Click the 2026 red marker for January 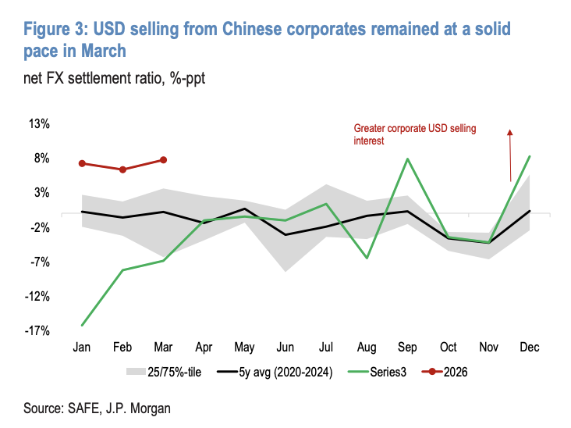[x=82, y=163]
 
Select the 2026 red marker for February [x=122, y=169]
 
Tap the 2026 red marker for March [x=163, y=159]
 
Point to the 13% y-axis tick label [x=40, y=123]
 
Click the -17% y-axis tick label [x=38, y=330]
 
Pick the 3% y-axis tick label [x=42, y=192]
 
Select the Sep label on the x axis [x=407, y=347]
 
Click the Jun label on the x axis [x=285, y=347]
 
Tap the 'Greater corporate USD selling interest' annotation [x=414, y=134]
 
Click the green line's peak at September [x=407, y=159]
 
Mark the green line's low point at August [x=367, y=258]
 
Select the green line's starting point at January [x=82, y=325]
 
